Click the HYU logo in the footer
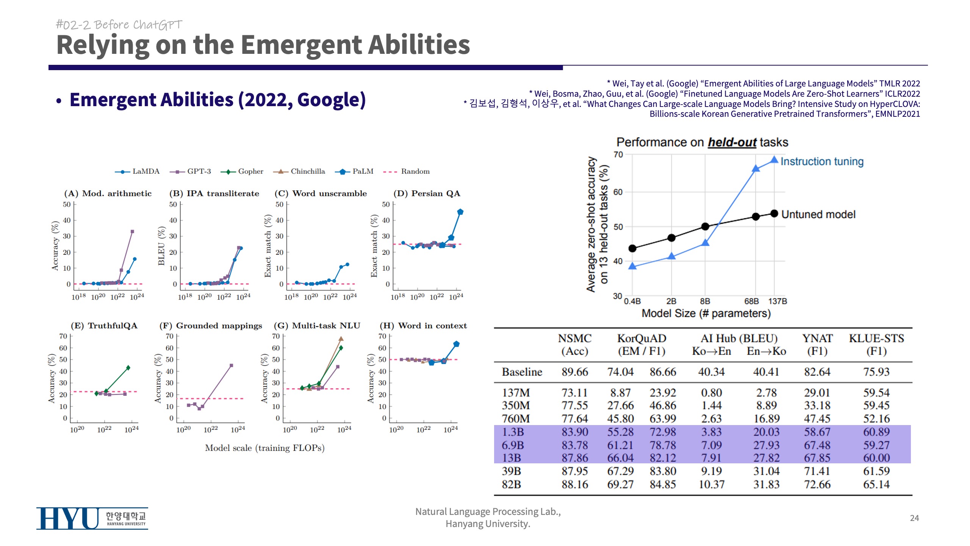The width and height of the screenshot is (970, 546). [x=92, y=518]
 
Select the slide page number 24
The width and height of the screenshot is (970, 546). [x=914, y=518]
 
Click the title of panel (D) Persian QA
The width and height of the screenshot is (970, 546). [x=427, y=193]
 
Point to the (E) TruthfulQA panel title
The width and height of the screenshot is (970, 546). [x=104, y=326]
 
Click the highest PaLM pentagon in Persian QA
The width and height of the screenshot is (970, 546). [x=460, y=212]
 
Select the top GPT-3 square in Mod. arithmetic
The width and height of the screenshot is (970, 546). [x=132, y=231]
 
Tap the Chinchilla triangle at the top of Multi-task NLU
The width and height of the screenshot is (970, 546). [x=341, y=339]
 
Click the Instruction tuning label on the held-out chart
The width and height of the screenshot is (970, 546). [x=822, y=162]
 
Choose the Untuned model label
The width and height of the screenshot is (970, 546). [x=818, y=215]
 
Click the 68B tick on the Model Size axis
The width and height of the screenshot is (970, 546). [x=752, y=301]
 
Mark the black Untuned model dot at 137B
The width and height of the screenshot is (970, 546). [x=774, y=214]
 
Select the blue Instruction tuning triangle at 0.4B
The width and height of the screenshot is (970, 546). [x=632, y=266]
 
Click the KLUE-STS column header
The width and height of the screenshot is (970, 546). [x=876, y=344]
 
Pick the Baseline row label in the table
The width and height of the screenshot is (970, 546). [x=522, y=372]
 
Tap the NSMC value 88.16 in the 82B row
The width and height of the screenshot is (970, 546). [x=575, y=485]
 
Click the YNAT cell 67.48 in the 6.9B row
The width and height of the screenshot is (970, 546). [x=817, y=445]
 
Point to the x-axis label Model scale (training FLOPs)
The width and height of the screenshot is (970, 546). [x=264, y=448]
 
